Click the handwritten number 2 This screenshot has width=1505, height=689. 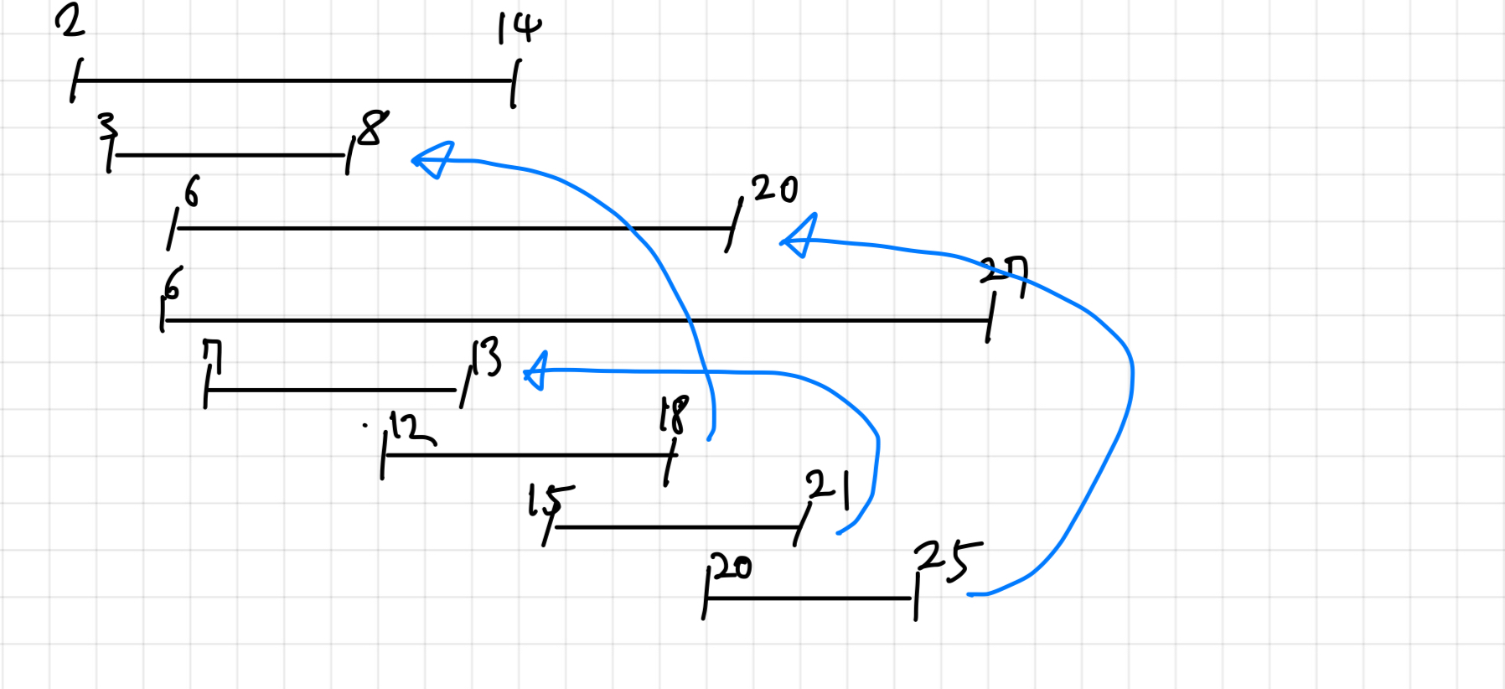click(70, 20)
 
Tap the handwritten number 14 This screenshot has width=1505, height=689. click(520, 28)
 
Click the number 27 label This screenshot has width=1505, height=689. click(1004, 272)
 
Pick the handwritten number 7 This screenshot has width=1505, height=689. click(212, 356)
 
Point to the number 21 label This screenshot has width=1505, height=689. click(828, 488)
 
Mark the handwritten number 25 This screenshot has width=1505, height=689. click(947, 560)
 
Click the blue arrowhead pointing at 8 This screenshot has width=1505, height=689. click(434, 159)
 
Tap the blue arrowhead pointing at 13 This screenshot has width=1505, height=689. click(536, 371)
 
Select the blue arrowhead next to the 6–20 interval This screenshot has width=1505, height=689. click(799, 236)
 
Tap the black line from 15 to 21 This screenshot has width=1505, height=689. click(675, 527)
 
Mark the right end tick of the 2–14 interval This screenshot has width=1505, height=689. click(515, 83)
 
